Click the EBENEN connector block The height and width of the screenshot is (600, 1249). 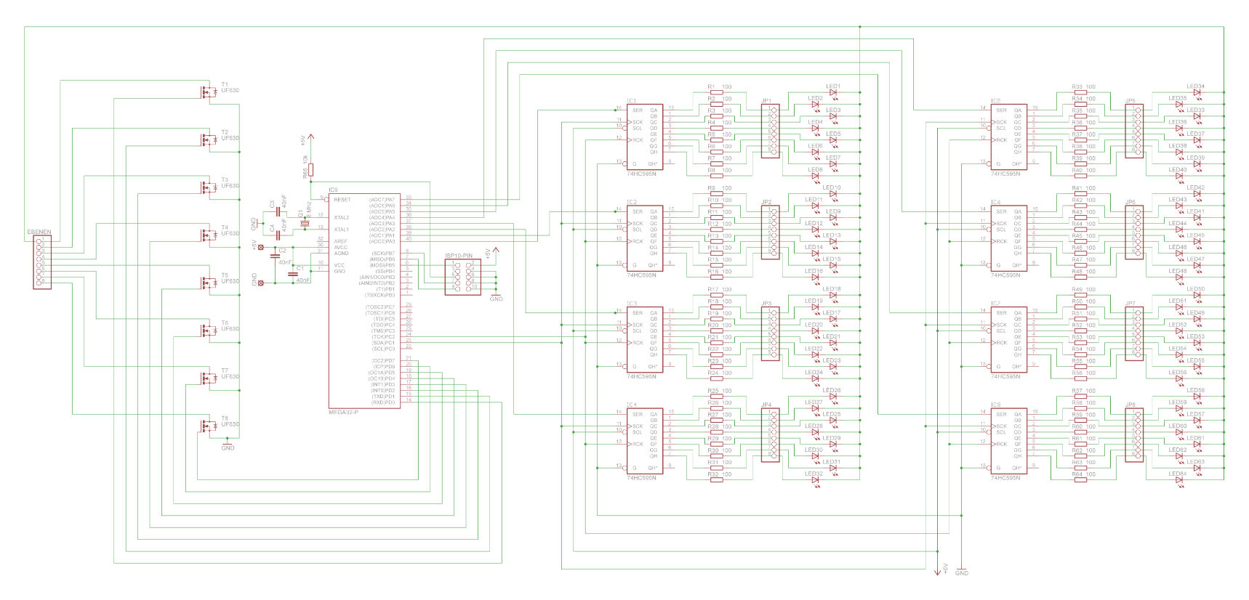42,262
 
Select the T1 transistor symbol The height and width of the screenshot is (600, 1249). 209,92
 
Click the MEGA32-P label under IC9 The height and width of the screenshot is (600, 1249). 343,412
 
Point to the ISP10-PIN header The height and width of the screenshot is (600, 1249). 463,276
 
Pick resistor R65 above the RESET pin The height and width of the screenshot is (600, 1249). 310,169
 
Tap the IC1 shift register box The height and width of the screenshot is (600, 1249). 644,137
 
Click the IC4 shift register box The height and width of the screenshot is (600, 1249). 644,441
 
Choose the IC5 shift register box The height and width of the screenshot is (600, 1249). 1008,137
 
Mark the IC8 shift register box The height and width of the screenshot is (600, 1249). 1008,441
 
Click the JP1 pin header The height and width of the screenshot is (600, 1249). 771,131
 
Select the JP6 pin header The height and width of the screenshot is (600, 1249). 1134,232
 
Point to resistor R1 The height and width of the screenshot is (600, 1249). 717,92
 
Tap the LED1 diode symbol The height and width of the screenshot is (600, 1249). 833,92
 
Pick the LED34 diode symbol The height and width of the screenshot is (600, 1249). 1197,92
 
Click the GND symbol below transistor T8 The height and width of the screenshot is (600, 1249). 228,443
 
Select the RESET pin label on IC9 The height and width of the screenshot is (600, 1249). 342,200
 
